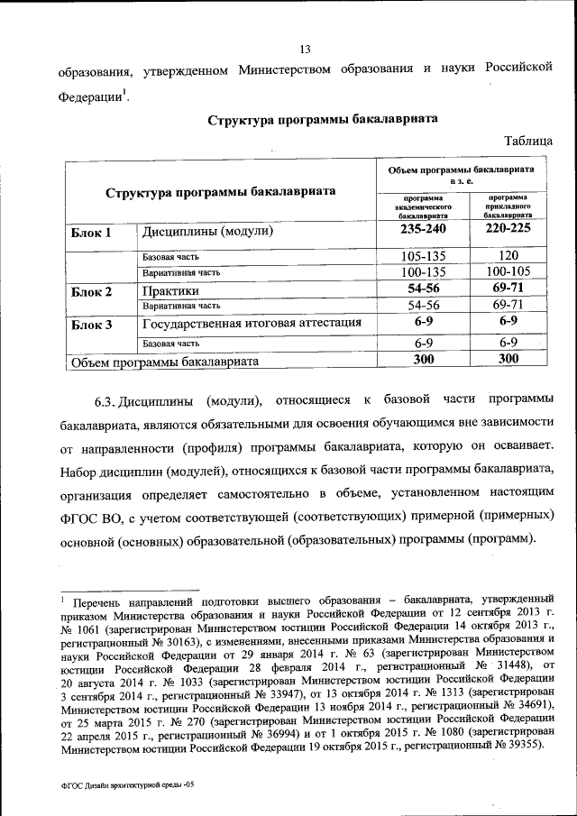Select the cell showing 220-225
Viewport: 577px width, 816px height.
coord(508,230)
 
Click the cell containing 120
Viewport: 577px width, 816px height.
coord(508,255)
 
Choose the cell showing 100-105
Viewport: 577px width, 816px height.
coord(508,270)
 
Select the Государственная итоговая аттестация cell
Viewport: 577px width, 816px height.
coord(252,324)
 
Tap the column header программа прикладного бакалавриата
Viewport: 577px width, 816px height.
coord(508,206)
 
